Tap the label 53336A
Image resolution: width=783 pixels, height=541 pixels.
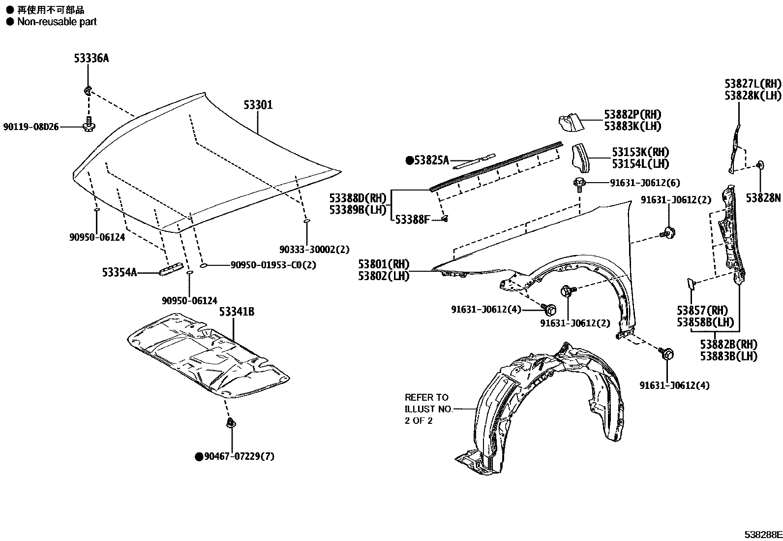click(x=91, y=59)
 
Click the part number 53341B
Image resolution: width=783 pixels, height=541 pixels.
click(x=237, y=312)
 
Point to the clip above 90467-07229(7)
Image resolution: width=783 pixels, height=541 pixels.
click(x=230, y=423)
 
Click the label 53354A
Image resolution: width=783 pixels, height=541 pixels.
click(x=120, y=272)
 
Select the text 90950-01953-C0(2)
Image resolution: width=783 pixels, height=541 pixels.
click(x=273, y=265)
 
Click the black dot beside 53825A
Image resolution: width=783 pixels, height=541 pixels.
click(x=409, y=160)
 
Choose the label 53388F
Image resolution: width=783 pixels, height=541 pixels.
click(x=412, y=220)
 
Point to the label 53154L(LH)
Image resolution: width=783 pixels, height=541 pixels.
click(x=640, y=164)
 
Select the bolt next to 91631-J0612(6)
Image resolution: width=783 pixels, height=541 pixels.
click(x=579, y=184)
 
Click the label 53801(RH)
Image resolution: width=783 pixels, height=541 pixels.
click(x=384, y=264)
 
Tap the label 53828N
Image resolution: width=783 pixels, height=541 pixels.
click(x=763, y=198)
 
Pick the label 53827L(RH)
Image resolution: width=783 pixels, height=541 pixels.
click(x=753, y=84)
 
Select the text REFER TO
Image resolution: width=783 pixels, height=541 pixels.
click(x=426, y=397)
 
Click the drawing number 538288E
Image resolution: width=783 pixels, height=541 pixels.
click(x=762, y=535)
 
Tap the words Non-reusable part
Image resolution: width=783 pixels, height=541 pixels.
click(x=57, y=22)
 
